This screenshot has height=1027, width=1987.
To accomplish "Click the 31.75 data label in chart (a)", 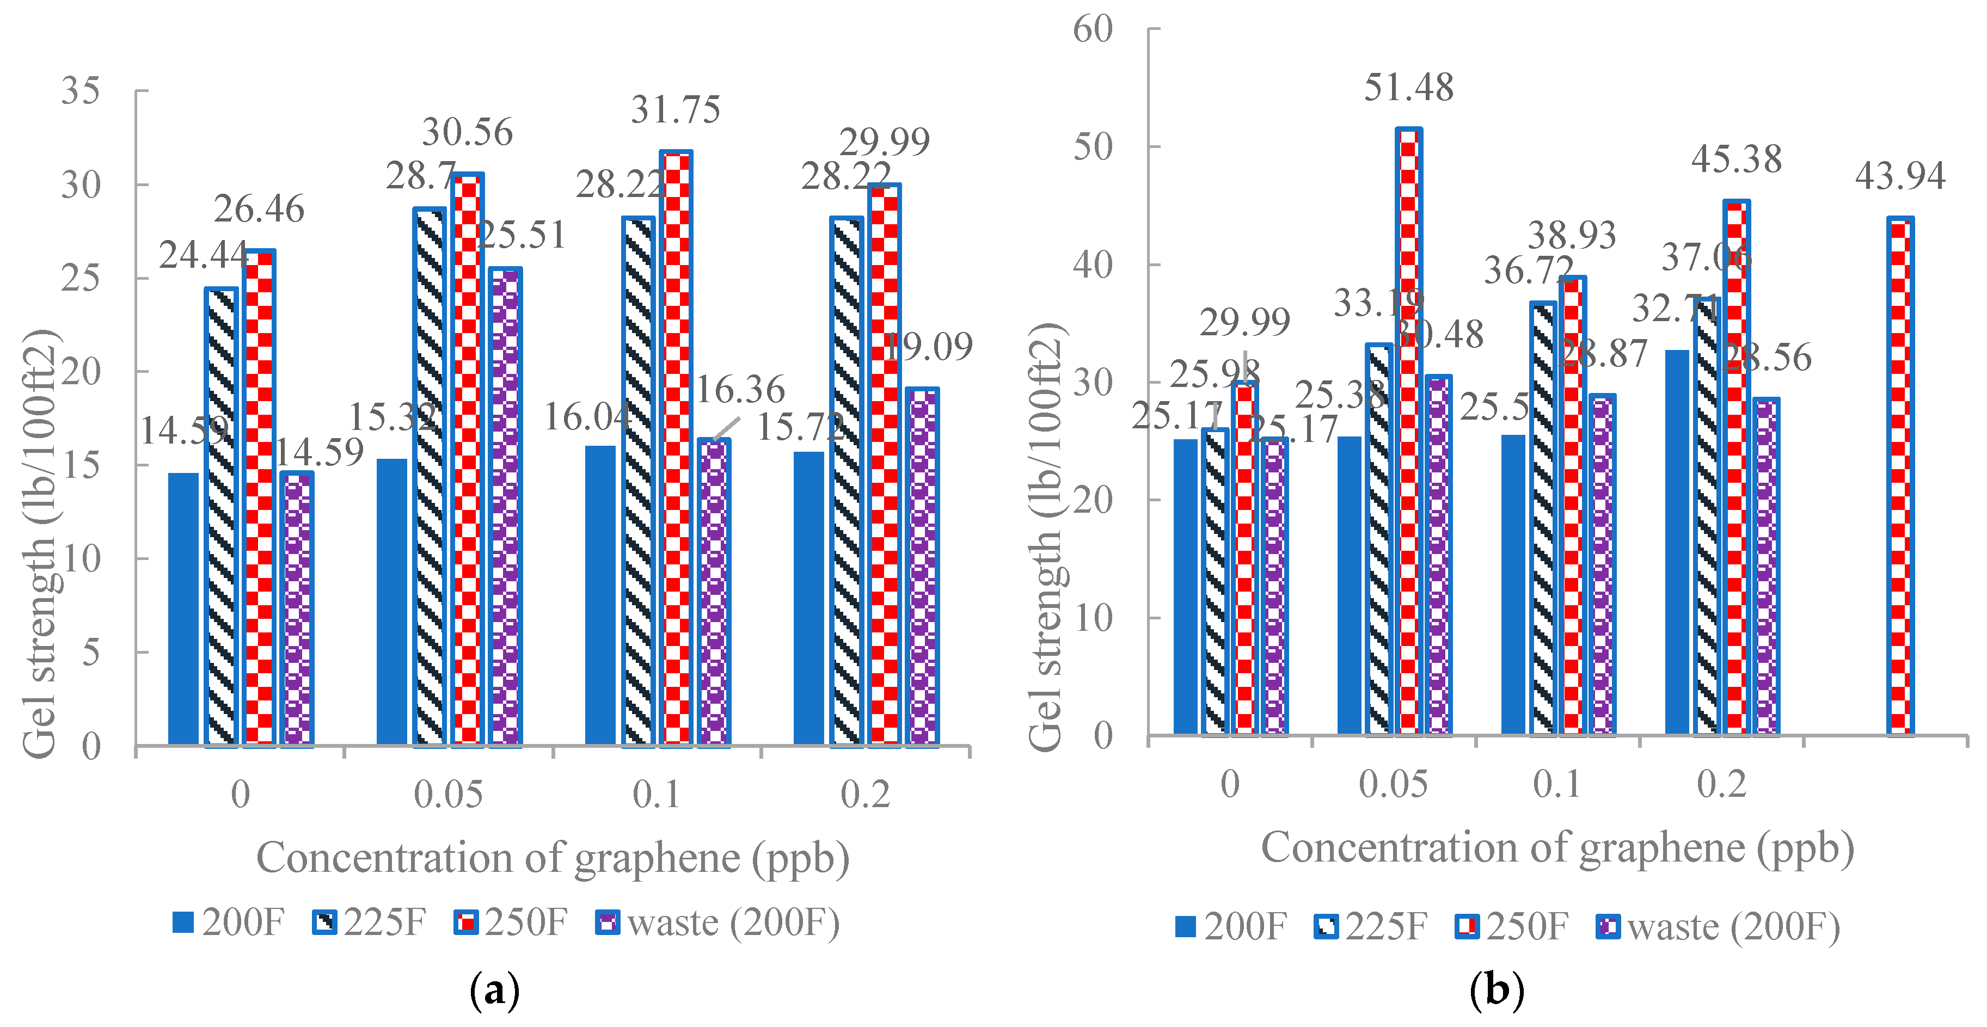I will tap(675, 109).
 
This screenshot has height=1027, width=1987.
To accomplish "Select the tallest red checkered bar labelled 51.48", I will tap(1408, 432).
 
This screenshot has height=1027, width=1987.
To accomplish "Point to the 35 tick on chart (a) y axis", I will tap(80, 91).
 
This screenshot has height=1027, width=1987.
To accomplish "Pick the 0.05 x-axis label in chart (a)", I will tap(447, 794).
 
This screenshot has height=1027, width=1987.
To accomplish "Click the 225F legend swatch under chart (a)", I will tap(325, 922).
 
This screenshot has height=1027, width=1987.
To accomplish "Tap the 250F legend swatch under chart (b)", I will tap(1467, 926).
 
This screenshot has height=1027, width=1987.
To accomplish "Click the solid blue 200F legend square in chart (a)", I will tap(183, 922).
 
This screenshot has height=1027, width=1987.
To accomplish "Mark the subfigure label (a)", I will tap(494, 991).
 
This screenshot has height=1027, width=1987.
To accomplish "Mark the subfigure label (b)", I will tap(1497, 990).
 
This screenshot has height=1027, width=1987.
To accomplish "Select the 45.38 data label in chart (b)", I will tap(1736, 159).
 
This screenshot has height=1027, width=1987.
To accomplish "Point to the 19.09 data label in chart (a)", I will tap(928, 347).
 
